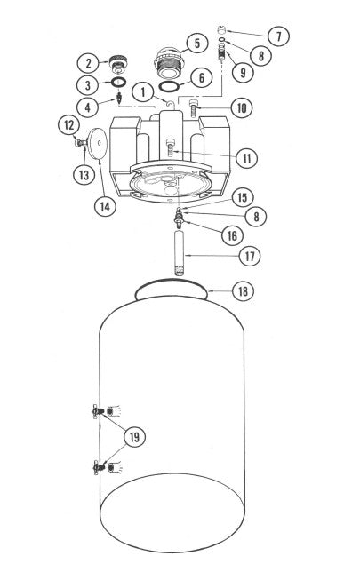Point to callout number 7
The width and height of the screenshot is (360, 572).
(x=279, y=36)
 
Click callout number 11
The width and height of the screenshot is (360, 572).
(x=246, y=158)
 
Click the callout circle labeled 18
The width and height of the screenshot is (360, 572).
(x=243, y=290)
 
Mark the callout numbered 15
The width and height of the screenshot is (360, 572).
(x=240, y=195)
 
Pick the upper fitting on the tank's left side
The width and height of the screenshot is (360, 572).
(x=98, y=411)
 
